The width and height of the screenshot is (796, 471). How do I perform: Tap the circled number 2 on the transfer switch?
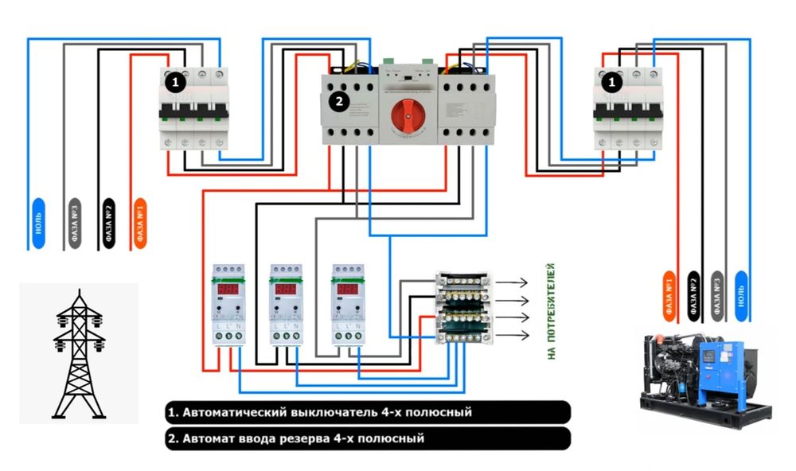point(340,102)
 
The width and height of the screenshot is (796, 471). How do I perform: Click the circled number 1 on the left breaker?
point(175,81)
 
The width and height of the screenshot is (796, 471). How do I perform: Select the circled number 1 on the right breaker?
point(611,81)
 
